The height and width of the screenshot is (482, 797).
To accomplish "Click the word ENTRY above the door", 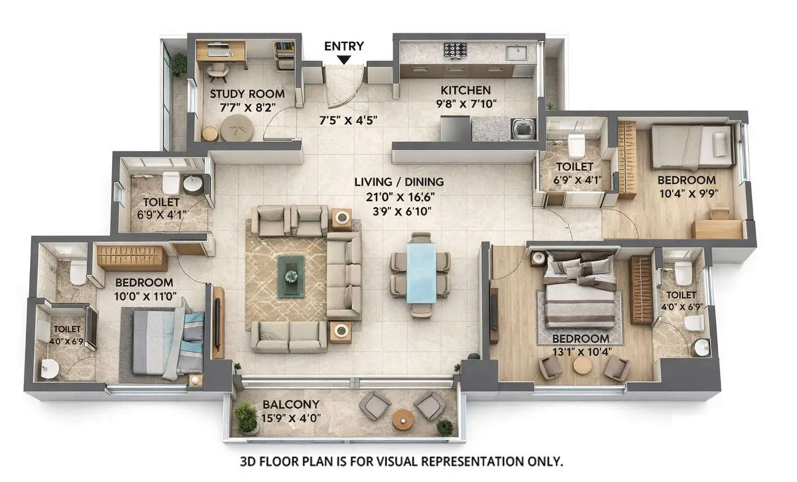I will click(x=344, y=46).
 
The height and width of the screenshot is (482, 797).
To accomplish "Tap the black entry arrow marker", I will click(x=343, y=60).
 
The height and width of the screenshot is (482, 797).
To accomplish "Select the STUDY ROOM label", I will click(x=247, y=94).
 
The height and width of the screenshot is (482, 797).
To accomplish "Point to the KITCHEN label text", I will click(x=465, y=90).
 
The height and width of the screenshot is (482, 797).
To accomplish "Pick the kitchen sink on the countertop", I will click(x=516, y=52).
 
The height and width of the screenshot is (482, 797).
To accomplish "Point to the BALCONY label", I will click(x=291, y=405).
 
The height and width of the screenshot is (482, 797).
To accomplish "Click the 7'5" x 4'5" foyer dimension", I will click(x=348, y=120).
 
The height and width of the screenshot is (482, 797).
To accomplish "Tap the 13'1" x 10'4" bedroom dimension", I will click(x=582, y=351).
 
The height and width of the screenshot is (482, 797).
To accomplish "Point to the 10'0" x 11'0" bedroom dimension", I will click(x=145, y=296).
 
